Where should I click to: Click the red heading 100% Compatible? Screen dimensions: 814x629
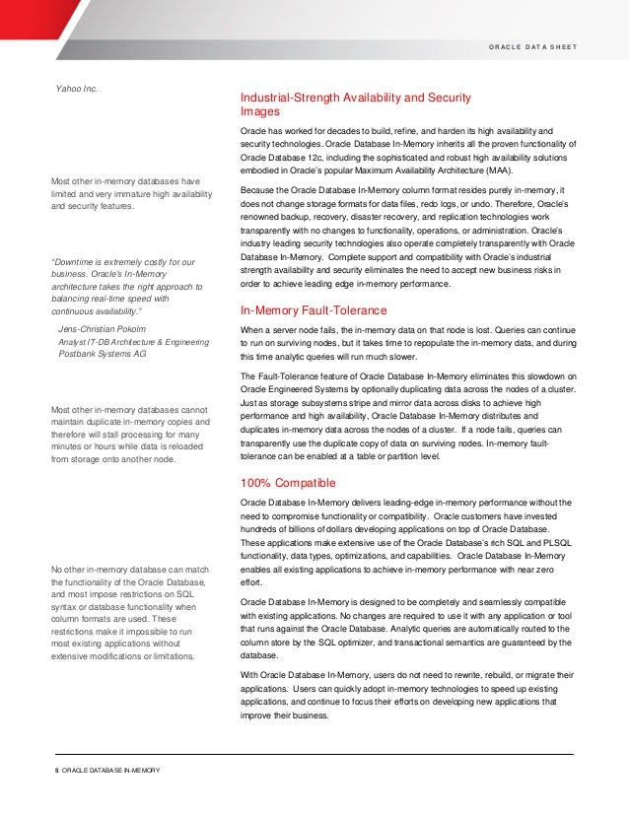pyautogui.click(x=288, y=483)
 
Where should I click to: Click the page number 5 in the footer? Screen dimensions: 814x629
pyautogui.click(x=55, y=769)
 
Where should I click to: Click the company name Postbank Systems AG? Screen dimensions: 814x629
pyautogui.click(x=109, y=352)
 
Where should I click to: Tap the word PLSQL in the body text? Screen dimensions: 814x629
pyautogui.click(x=558, y=543)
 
